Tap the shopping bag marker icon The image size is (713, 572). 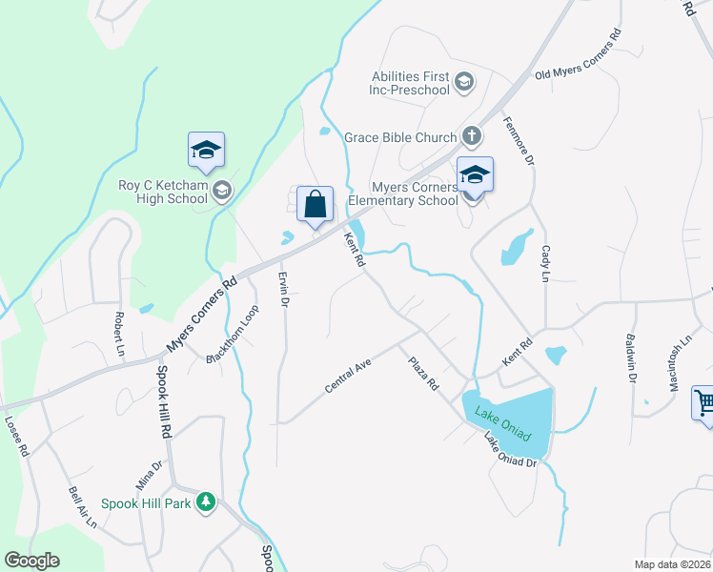point(315,204)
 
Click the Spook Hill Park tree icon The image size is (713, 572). point(205,501)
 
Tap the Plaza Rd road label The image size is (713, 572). point(422,374)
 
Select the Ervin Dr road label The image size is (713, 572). point(283,288)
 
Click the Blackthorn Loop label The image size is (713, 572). point(233,335)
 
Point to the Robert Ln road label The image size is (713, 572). point(119,328)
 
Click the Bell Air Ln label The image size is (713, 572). point(82,506)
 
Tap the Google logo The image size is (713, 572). point(31,561)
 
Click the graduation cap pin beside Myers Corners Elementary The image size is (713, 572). point(475,175)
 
